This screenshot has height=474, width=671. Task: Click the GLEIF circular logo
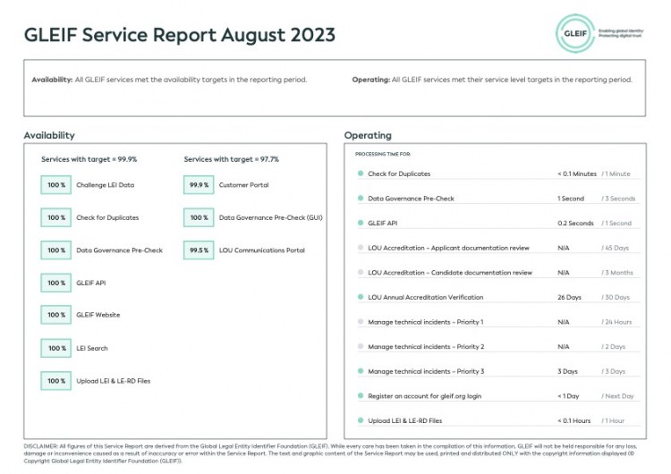click(574, 33)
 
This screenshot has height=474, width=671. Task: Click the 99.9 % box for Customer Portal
click(198, 185)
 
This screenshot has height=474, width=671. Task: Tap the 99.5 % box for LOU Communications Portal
click(198, 250)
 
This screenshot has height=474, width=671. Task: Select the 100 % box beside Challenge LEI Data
click(56, 185)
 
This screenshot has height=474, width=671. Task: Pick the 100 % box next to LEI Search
click(56, 348)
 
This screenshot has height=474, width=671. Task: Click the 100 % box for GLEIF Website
click(56, 315)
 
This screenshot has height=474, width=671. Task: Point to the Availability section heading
click(49, 135)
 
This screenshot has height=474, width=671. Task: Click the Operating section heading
click(368, 135)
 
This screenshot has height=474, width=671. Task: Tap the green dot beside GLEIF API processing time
click(360, 223)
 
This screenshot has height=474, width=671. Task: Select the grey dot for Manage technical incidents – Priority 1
click(360, 322)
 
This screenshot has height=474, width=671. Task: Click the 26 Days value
click(569, 297)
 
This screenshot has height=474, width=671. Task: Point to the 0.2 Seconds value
click(575, 223)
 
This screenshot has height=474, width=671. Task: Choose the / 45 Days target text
click(616, 248)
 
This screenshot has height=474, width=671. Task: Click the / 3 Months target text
click(618, 272)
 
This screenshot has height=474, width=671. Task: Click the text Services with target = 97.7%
click(231, 159)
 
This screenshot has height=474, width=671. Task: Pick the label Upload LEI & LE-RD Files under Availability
click(114, 381)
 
